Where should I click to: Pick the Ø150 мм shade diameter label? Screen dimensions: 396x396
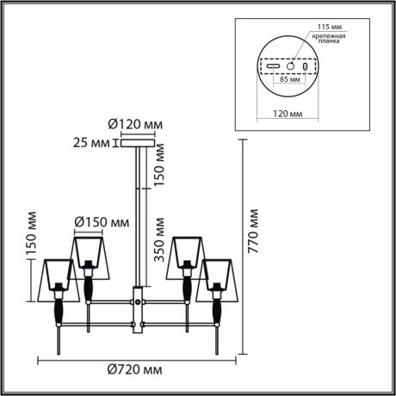pyautogui.click(x=102, y=223)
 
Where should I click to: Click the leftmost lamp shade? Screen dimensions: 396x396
pyautogui.click(x=59, y=272)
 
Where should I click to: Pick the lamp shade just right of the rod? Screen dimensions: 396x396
pyautogui.click(x=185, y=251)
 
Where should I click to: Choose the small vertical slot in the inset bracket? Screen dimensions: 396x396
pyautogui.click(x=308, y=66)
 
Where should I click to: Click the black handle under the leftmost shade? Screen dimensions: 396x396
pyautogui.click(x=59, y=310)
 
